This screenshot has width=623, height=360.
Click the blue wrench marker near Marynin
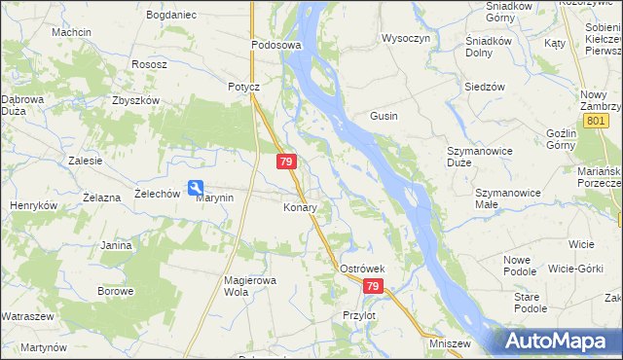pyautogui.click(x=196, y=188)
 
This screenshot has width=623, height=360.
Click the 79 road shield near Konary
pyautogui.click(x=285, y=161)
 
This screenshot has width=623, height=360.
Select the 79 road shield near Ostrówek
pyautogui.click(x=374, y=286)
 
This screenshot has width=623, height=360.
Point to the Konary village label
pyautogui.click(x=300, y=208)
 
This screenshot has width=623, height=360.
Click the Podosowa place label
pyautogui.click(x=276, y=46)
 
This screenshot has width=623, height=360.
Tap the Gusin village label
pyautogui.click(x=383, y=116)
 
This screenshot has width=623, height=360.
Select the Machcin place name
pyautogui.click(x=72, y=32)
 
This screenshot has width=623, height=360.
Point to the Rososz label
pyautogui.click(x=151, y=64)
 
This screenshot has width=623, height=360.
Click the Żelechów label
pyautogui.click(x=158, y=194)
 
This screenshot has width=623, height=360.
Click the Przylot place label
pyautogui.click(x=359, y=315)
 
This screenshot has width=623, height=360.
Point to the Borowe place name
pyautogui.click(x=115, y=291)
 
